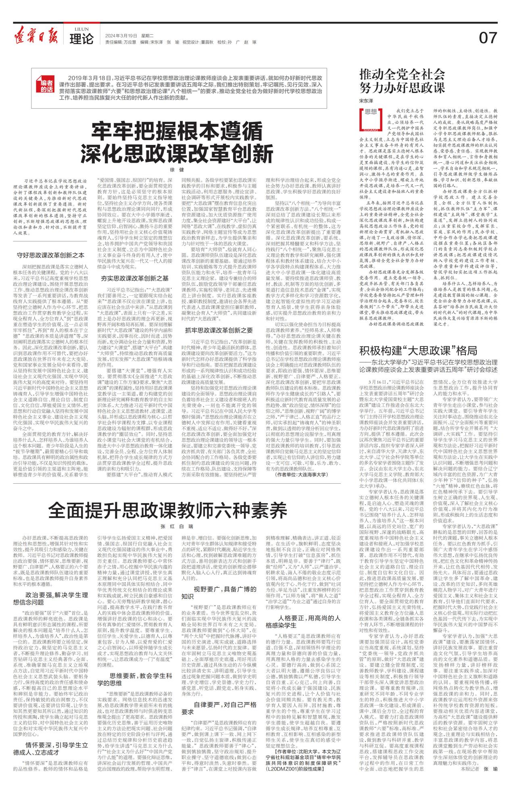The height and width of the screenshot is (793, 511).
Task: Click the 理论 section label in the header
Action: (x=81, y=39)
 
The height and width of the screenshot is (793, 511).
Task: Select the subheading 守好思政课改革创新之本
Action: (x=50, y=255)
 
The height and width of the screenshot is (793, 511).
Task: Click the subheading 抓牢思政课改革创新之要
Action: (x=219, y=330)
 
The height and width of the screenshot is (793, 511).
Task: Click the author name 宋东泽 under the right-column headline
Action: (x=366, y=99)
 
